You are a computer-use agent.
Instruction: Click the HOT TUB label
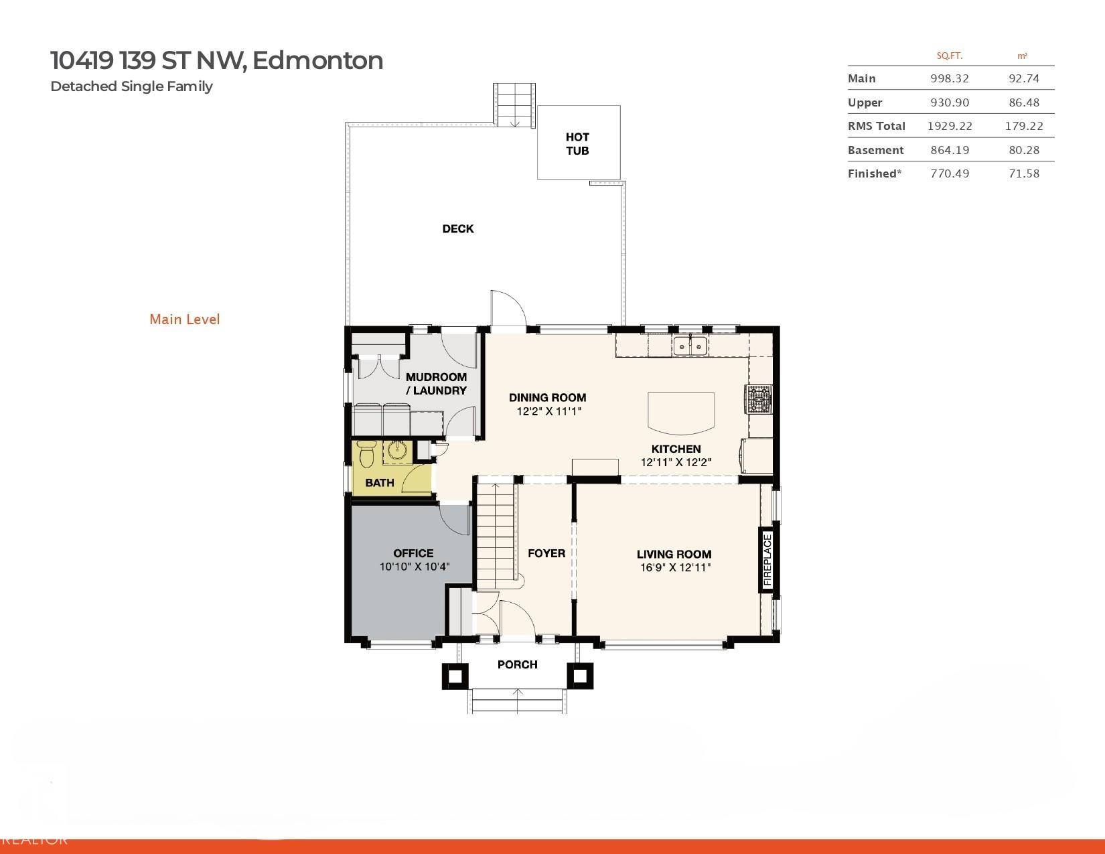577,143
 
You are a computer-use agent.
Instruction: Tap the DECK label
458,229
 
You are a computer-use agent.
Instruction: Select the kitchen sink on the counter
690,346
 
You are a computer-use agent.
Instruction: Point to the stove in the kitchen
759,400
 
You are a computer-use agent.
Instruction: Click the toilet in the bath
366,455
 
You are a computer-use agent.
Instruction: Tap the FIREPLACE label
767,560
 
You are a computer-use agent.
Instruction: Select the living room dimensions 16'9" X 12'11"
674,568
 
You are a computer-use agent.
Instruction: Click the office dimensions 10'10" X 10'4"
414,567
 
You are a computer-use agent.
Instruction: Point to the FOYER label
546,553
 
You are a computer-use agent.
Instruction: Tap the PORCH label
517,664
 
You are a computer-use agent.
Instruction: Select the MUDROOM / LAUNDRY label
436,384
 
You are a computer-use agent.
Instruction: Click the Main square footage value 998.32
949,78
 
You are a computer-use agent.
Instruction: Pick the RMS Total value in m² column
1023,126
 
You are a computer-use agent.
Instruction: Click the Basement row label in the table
875,150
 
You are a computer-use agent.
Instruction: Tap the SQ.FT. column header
949,56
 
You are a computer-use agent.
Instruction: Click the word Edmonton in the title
318,60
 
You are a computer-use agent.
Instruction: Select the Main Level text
184,319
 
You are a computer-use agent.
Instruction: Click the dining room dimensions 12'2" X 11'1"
548,411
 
